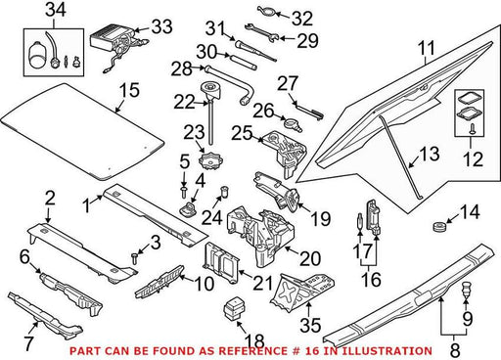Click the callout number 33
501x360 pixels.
(161, 26)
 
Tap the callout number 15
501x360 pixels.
(129, 90)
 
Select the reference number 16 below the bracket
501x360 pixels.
(372, 280)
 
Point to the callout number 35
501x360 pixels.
(310, 325)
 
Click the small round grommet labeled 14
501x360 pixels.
(438, 226)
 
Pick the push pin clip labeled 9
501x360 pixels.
(466, 291)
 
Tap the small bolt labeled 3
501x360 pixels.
(134, 258)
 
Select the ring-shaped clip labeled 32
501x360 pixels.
(267, 11)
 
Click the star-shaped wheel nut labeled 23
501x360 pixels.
(210, 159)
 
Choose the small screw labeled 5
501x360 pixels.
(184, 192)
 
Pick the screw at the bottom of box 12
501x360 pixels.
(472, 129)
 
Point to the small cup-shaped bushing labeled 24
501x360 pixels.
(224, 192)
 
